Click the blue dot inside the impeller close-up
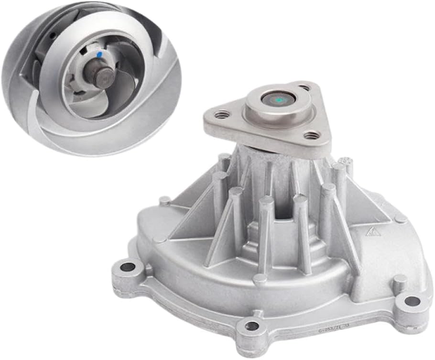[98, 55]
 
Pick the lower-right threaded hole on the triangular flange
[311, 136]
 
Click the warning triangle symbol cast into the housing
[371, 234]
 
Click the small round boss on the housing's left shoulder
[164, 201]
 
